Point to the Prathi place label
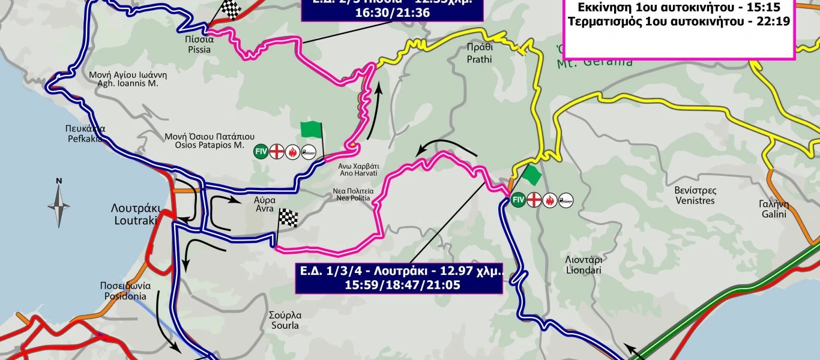pos(479,54)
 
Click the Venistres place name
pos(695,196)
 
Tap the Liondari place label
pos(584,265)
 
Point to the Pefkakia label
pos(86,133)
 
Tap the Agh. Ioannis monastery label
pos(128,79)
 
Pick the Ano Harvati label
pos(358,169)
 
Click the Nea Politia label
pos(354,194)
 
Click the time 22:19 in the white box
pos(775,22)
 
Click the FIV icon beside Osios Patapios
pos(261,151)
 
